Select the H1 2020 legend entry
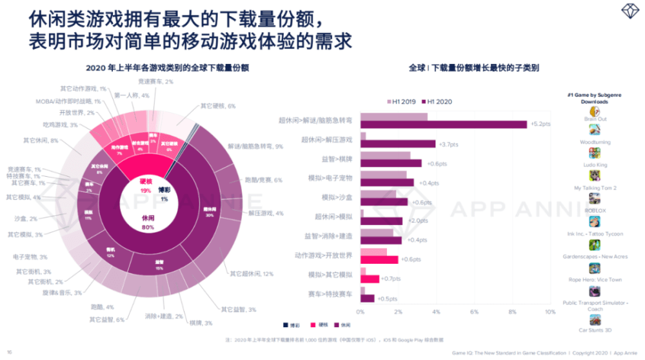[x=440, y=102]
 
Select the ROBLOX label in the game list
[x=595, y=210]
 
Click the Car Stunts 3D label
[x=595, y=330]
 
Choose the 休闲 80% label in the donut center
[x=148, y=223]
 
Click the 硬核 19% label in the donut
[x=145, y=186]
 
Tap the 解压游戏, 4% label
[x=262, y=213]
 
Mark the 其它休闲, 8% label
[x=41, y=140]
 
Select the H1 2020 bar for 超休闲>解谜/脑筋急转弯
[x=443, y=125]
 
